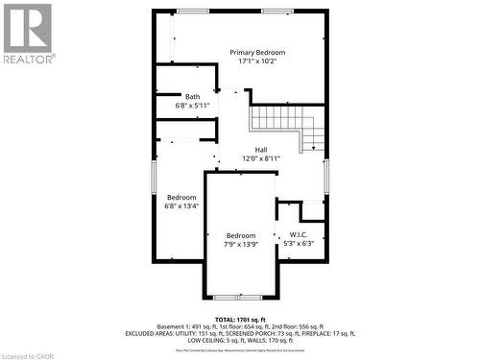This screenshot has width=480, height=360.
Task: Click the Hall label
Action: (261, 149)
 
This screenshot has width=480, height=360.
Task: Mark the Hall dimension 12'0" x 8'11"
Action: (261, 158)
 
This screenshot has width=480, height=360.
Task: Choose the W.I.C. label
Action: (298, 234)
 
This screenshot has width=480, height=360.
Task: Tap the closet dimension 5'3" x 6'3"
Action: (298, 244)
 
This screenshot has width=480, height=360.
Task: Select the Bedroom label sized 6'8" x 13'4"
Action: (181, 197)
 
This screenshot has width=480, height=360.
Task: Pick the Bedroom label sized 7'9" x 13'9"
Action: (241, 235)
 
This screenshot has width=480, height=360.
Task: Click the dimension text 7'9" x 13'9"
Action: (241, 245)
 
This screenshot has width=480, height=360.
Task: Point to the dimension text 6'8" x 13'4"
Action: (181, 206)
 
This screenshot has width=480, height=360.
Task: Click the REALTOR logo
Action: (27, 34)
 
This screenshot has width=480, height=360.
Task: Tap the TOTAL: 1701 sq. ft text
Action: (240, 319)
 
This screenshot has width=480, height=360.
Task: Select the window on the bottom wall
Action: (229, 297)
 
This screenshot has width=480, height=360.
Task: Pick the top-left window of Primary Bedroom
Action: (192, 11)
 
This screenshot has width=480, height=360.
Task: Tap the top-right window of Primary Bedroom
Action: (277, 11)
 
